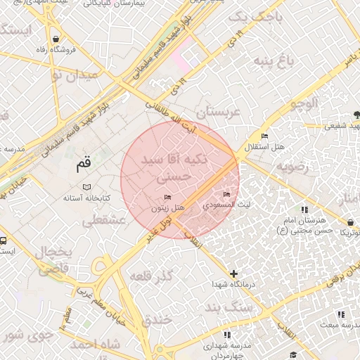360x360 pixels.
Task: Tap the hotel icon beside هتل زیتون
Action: tap(167, 198)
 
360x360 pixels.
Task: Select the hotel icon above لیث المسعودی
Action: tap(226, 194)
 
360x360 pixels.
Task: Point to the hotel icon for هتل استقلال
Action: tap(264, 136)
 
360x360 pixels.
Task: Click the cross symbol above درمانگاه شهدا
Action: tap(233, 273)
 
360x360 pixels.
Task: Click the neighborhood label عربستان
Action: tap(218, 112)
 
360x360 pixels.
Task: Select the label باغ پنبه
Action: tap(269, 63)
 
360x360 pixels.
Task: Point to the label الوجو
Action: tap(303, 103)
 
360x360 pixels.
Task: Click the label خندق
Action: tap(157, 320)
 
